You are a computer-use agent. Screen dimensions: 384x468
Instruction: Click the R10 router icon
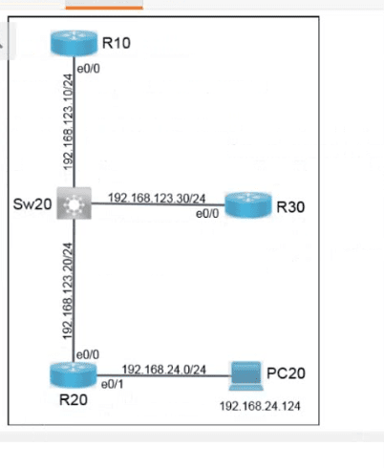[x=74, y=43]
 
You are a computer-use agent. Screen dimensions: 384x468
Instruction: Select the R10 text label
[x=117, y=43]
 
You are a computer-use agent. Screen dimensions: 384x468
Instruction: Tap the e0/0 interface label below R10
[x=88, y=69]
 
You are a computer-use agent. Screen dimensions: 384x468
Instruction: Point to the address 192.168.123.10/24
[x=68, y=122]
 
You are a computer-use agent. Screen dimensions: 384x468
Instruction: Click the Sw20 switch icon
[x=74, y=203]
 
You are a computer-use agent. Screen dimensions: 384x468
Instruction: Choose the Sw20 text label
[x=32, y=203]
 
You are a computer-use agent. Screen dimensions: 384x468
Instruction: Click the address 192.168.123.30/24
[x=157, y=199]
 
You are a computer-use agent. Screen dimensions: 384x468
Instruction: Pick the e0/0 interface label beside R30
[x=207, y=214]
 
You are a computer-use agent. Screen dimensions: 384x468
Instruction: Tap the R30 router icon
[x=248, y=205]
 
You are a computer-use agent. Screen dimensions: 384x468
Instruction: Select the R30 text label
[x=290, y=207]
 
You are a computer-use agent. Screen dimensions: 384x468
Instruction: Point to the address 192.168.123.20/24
[x=68, y=291]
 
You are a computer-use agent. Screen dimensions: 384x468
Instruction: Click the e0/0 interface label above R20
[x=88, y=354]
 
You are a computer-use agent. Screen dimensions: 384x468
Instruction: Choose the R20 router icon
[x=74, y=375]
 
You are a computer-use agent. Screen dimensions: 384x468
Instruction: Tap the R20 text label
[x=74, y=399]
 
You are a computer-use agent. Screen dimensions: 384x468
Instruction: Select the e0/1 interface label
[x=112, y=385]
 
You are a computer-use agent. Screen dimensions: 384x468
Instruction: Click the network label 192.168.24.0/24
[x=164, y=370]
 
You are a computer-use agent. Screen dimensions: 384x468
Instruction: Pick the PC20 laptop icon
[x=246, y=376]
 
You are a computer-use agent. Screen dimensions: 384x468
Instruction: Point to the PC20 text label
[x=286, y=373]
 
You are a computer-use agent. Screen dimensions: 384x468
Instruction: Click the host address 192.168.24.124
[x=260, y=406]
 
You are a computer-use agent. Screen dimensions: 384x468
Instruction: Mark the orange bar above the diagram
[x=104, y=8]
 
